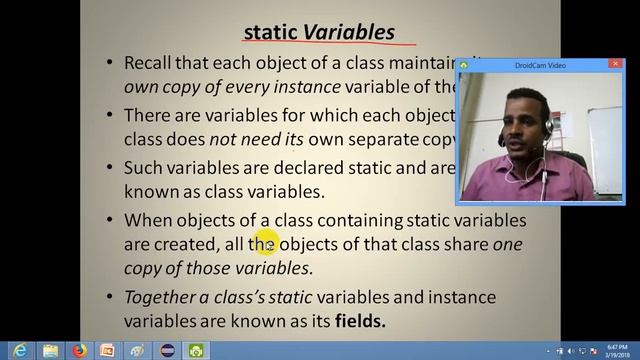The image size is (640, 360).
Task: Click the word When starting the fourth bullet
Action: click(x=148, y=219)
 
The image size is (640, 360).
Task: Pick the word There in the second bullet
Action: click(x=147, y=116)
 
